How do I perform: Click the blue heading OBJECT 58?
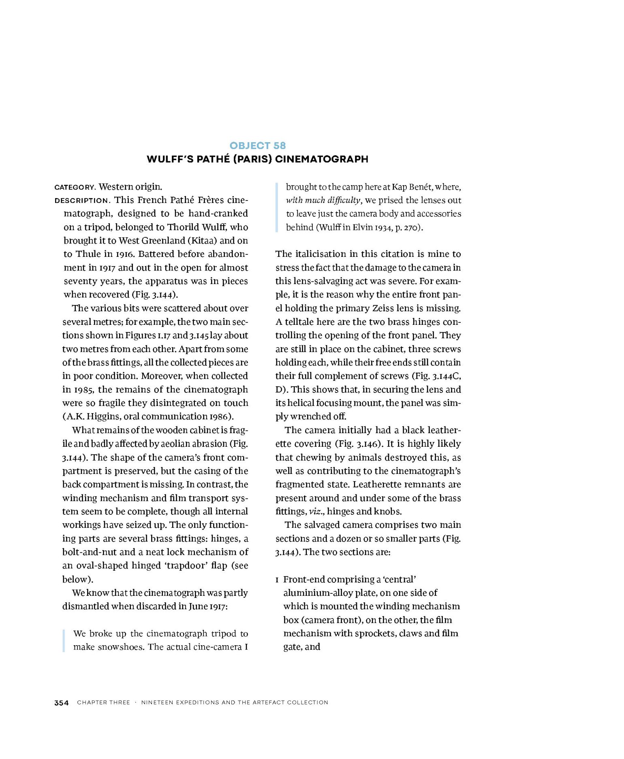click(257, 146)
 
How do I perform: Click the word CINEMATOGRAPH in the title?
click(322, 159)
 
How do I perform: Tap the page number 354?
click(62, 703)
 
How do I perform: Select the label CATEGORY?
click(75, 187)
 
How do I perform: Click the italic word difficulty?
click(344, 200)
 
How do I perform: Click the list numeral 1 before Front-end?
click(278, 580)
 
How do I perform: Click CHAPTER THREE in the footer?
click(103, 703)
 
